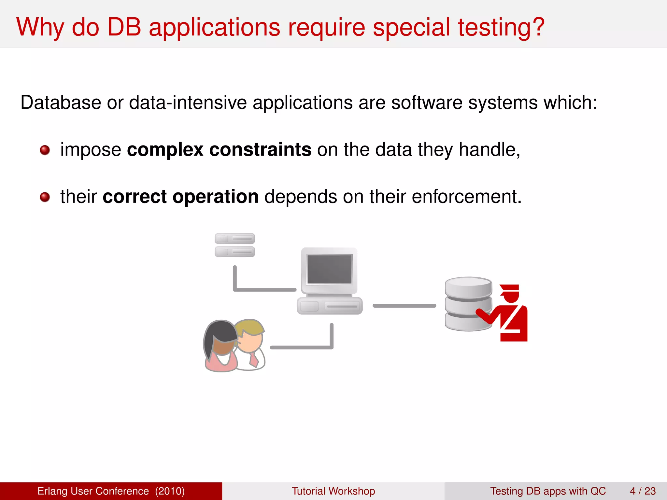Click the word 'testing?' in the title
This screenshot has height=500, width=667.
pos(501,27)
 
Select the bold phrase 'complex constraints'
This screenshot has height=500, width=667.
pos(219,150)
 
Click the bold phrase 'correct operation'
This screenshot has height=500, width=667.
pos(180,197)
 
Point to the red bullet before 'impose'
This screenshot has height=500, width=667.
pos(45,150)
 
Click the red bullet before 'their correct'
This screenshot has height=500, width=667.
pos(45,197)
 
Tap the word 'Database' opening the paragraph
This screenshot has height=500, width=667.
pos(61,103)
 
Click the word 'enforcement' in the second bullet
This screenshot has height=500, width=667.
pos(466,197)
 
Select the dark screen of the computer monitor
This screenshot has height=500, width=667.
pos(329,269)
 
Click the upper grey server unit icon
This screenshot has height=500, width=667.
pos(234,239)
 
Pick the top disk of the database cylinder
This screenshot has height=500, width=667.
pos(468,286)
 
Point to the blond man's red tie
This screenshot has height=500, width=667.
pos(254,360)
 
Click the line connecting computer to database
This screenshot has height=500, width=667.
pos(404,306)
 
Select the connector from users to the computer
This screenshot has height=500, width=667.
pos(301,347)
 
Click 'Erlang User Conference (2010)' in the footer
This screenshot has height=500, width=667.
pos(111,491)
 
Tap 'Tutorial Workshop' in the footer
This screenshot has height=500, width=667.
pos(333,491)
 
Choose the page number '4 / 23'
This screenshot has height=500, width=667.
pos(643,491)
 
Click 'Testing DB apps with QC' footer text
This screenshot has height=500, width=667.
pos(548,491)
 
